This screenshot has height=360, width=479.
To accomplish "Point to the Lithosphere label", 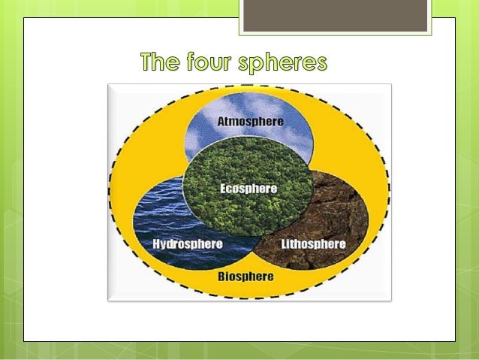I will click(312, 244).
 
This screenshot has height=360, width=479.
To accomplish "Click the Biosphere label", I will click(246, 276).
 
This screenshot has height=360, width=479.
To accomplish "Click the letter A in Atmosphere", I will click(220, 120).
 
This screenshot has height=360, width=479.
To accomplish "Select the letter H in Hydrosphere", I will click(155, 244).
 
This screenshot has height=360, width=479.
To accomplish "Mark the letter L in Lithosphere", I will click(285, 244).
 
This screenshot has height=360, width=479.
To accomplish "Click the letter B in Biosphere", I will click(221, 276).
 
